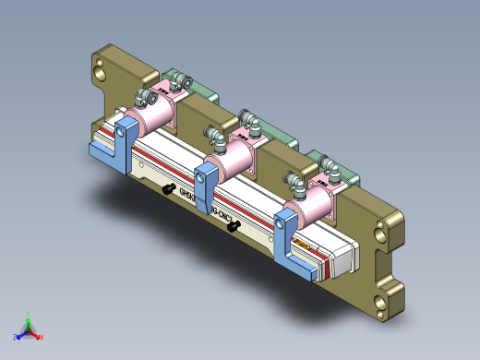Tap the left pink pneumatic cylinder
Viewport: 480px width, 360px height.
tap(157, 114)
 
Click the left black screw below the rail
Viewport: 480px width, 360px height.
tap(169, 188)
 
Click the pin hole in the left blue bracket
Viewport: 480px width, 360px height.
tap(121, 132)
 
